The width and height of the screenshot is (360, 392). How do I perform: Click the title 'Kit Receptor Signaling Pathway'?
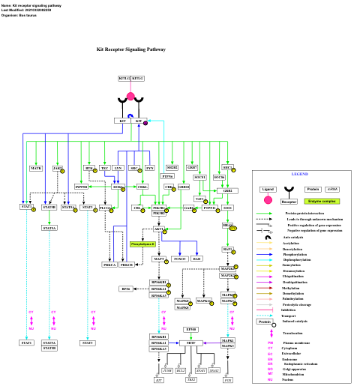(x=131, y=49)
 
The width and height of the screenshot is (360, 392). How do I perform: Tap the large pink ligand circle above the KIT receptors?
(x=130, y=96)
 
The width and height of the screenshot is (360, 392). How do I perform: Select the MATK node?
(x=36, y=169)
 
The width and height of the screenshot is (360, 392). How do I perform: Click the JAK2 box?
(x=57, y=169)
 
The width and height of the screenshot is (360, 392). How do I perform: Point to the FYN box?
(x=149, y=169)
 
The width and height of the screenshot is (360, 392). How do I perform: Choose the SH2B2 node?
(x=172, y=167)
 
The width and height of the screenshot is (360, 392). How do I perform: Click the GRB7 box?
(x=192, y=167)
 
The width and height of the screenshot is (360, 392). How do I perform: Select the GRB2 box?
(x=227, y=191)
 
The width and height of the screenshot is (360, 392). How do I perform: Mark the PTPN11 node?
(x=209, y=208)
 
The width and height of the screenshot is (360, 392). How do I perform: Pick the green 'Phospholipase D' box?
(x=142, y=244)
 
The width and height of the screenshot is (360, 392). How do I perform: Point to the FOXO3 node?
(x=179, y=259)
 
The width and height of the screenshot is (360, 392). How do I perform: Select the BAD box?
(x=196, y=259)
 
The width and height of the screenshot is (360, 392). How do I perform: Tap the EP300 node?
(x=191, y=329)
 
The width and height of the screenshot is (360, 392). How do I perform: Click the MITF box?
(x=191, y=343)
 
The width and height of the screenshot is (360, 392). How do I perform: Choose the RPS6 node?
(x=127, y=289)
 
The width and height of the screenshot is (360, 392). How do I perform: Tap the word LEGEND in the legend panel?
(x=300, y=174)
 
